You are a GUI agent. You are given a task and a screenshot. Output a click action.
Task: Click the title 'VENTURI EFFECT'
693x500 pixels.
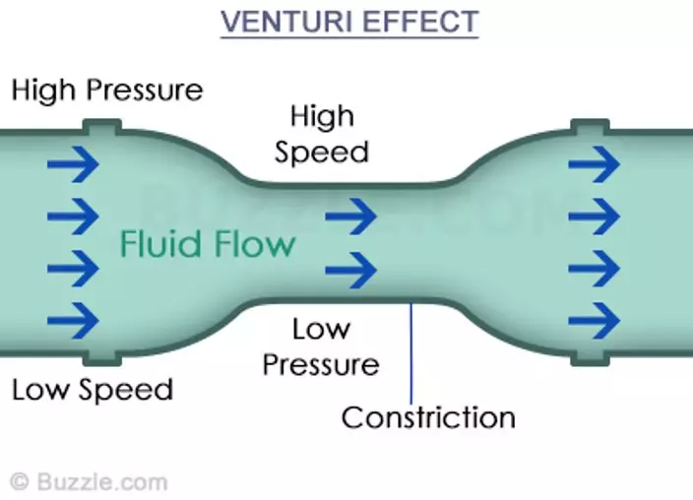pyautogui.click(x=349, y=22)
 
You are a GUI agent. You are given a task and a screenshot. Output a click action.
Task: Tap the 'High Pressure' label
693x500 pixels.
pyautogui.click(x=107, y=90)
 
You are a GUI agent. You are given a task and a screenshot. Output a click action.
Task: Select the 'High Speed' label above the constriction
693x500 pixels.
pyautogui.click(x=322, y=134)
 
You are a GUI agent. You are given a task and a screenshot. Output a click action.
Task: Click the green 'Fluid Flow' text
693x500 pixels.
pyautogui.click(x=208, y=243)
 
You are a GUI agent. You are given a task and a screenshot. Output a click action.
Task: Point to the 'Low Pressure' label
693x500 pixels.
pyautogui.click(x=321, y=347)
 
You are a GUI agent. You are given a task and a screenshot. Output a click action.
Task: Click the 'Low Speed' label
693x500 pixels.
pyautogui.click(x=93, y=390)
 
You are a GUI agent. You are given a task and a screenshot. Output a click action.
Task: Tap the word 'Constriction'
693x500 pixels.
pyautogui.click(x=428, y=417)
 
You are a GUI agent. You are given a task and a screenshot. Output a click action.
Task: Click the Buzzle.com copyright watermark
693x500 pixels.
pyautogui.click(x=89, y=482)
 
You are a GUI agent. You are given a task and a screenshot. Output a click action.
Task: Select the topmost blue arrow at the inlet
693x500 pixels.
pyautogui.click(x=74, y=164)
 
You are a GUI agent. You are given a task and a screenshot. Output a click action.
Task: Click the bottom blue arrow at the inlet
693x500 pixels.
pyautogui.click(x=74, y=321)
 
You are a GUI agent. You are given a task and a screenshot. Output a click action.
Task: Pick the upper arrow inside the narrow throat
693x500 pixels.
pyautogui.click(x=350, y=217)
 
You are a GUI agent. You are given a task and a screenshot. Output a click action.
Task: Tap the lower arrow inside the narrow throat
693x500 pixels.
pyautogui.click(x=350, y=270)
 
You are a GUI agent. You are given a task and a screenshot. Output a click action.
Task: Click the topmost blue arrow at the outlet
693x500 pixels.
pyautogui.click(x=594, y=164)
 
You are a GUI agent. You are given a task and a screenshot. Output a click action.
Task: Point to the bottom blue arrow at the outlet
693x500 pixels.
pyautogui.click(x=594, y=321)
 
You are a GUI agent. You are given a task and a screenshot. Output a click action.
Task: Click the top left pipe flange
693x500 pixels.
pyautogui.click(x=102, y=127)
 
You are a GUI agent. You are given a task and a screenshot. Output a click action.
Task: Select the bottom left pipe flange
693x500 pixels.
pyautogui.click(x=102, y=358)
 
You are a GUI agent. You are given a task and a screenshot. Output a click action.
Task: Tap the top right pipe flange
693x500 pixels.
pyautogui.click(x=590, y=127)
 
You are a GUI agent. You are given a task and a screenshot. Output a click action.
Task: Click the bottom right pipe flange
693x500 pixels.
pyautogui.click(x=590, y=358)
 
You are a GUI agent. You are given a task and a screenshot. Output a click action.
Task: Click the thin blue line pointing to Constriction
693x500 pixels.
pyautogui.click(x=411, y=353)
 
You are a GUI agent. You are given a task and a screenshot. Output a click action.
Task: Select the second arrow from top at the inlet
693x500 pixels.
pyautogui.click(x=74, y=217)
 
